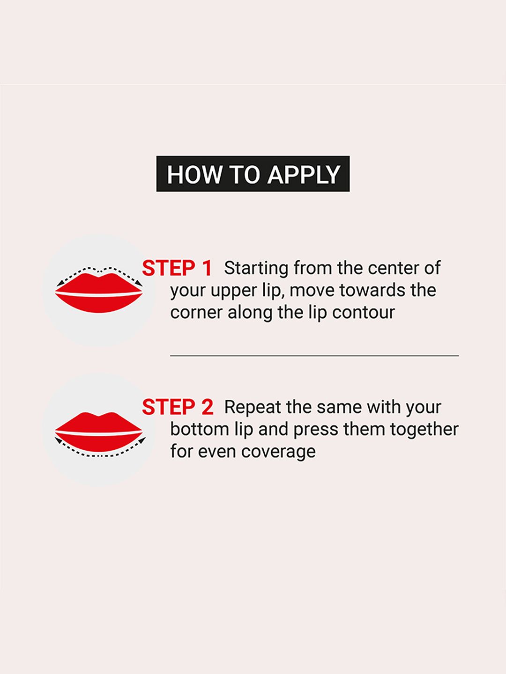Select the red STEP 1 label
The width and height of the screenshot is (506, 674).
point(177,268)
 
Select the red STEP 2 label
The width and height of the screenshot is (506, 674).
point(178,407)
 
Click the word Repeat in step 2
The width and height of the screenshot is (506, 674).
point(253,408)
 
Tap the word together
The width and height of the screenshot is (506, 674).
point(424,430)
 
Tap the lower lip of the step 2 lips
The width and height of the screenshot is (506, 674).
point(99,443)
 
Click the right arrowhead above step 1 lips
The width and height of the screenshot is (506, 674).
point(139,283)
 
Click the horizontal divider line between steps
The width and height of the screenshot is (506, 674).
point(314,356)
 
